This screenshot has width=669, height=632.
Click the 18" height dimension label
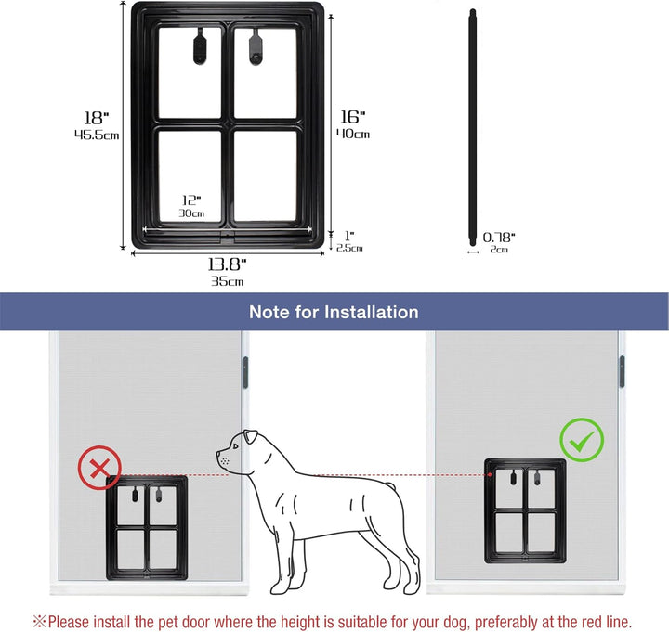click(x=97, y=118)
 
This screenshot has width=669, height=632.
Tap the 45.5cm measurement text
click(x=97, y=135)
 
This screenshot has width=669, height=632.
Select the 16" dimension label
click(x=351, y=117)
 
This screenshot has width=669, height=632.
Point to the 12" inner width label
click(x=190, y=200)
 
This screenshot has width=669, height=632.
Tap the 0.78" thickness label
click(x=499, y=238)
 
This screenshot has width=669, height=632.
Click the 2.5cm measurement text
click(x=349, y=248)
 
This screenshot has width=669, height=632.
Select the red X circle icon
click(x=98, y=469)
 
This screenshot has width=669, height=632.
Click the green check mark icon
click(x=581, y=441)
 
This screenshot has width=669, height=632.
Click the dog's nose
click(x=218, y=457)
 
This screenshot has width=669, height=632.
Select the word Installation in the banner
click(x=373, y=313)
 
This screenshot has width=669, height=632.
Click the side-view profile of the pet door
click(x=472, y=131)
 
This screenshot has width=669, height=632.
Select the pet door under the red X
click(x=146, y=527)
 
